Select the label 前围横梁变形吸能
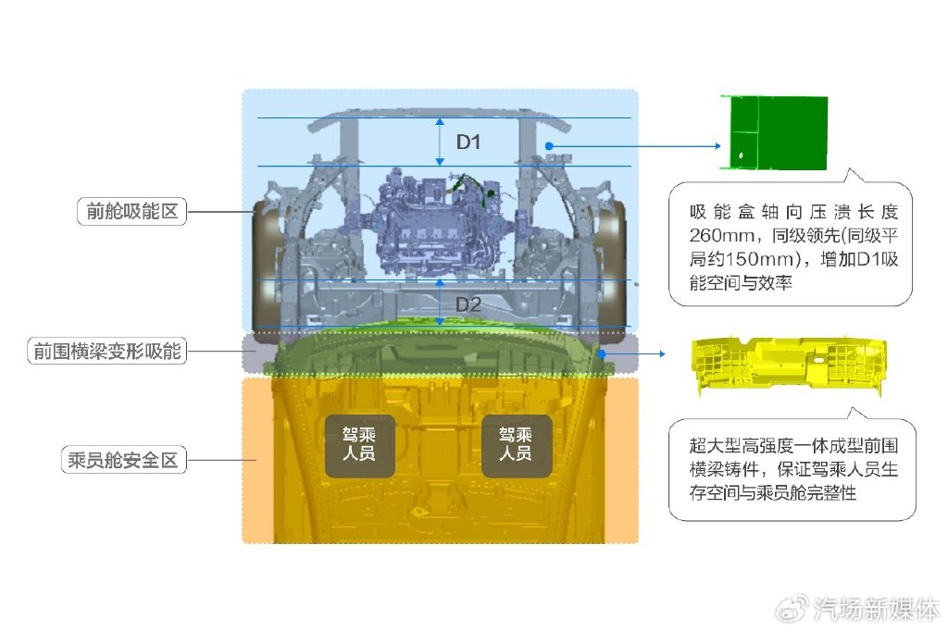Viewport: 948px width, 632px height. (x=107, y=352)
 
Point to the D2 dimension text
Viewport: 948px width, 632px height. (x=468, y=304)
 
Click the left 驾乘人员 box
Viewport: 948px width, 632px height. (x=359, y=445)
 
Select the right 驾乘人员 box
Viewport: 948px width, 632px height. (x=516, y=445)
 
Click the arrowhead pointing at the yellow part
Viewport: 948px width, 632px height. (x=662, y=353)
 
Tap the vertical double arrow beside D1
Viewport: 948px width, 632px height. (x=441, y=142)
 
